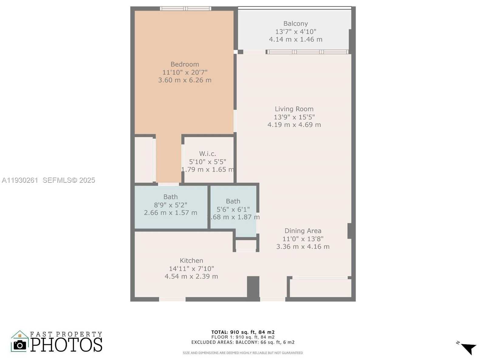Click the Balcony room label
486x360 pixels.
click(x=295, y=24)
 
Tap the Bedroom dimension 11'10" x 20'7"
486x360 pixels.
click(x=185, y=72)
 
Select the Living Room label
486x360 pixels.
click(x=294, y=109)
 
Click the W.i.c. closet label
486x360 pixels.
click(x=207, y=154)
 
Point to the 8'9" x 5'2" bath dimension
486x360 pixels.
click(x=170, y=205)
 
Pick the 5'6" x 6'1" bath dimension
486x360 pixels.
click(x=233, y=209)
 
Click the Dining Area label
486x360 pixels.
click(x=303, y=231)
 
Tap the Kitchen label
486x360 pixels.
click(x=191, y=261)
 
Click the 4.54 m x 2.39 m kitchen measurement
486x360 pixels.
click(x=191, y=276)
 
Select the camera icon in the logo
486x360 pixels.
click(x=20, y=345)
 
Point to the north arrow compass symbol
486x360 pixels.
click(x=468, y=348)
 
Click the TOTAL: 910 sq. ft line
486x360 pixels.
click(x=243, y=332)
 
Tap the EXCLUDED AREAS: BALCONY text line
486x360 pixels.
click(x=243, y=342)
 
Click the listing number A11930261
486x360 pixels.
click(x=20, y=180)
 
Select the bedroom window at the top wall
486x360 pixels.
click(x=186, y=9)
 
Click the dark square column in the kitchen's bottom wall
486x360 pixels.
click(x=253, y=287)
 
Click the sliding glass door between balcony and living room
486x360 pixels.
click(x=307, y=52)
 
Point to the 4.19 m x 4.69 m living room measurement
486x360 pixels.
click(x=294, y=125)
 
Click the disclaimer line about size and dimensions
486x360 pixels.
click(x=243, y=353)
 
